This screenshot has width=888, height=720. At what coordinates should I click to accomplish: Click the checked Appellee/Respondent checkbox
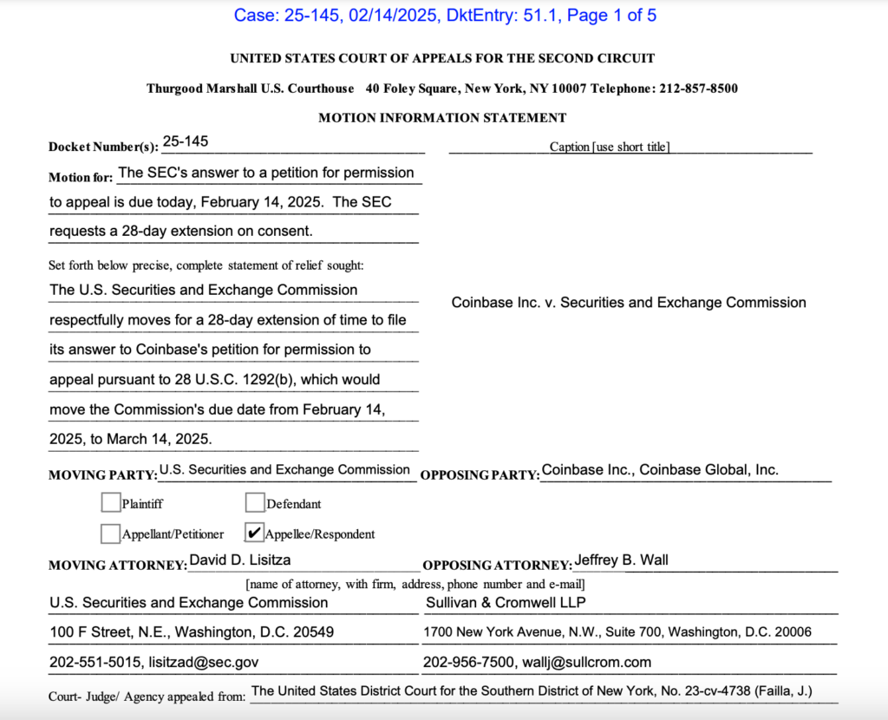click(x=255, y=533)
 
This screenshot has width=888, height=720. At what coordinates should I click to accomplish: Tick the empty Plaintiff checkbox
click(x=110, y=502)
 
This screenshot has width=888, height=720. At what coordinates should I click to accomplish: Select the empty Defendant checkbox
click(x=254, y=502)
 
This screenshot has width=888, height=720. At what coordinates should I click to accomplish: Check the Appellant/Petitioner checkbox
click(x=110, y=533)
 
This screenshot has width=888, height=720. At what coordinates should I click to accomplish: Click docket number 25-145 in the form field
click(x=185, y=141)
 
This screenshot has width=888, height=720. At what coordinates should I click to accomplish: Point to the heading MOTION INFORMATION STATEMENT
click(x=442, y=118)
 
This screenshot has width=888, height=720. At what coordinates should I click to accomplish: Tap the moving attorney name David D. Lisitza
click(x=240, y=560)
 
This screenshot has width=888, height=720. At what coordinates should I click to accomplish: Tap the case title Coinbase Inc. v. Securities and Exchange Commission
click(x=629, y=303)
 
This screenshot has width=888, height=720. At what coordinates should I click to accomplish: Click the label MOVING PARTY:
click(x=102, y=475)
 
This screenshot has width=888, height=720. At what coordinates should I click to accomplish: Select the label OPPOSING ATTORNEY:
click(x=497, y=566)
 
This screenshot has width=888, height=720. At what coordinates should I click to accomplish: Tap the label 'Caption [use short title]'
click(x=609, y=147)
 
